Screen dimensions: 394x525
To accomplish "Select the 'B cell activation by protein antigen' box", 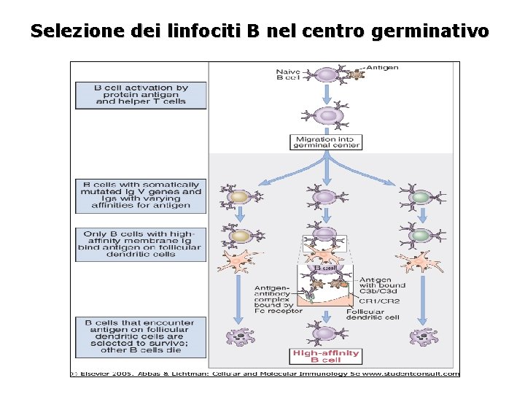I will pos(141,95).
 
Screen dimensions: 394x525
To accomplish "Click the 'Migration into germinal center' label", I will pos(327,142).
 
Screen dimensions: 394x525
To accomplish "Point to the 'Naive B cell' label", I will pos(288,74).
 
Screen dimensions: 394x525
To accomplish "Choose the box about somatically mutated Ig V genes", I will pos(141,196).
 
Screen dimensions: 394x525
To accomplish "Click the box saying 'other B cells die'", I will pos(141,336).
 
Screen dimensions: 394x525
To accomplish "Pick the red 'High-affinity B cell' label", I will pos(326,356).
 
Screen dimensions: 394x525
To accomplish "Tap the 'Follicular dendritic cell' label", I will pos(373,314).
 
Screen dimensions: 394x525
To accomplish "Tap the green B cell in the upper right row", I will pos(420,196).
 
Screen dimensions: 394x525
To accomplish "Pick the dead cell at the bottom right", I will pos(422,336).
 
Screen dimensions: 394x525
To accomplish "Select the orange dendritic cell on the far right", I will pos(418,263).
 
